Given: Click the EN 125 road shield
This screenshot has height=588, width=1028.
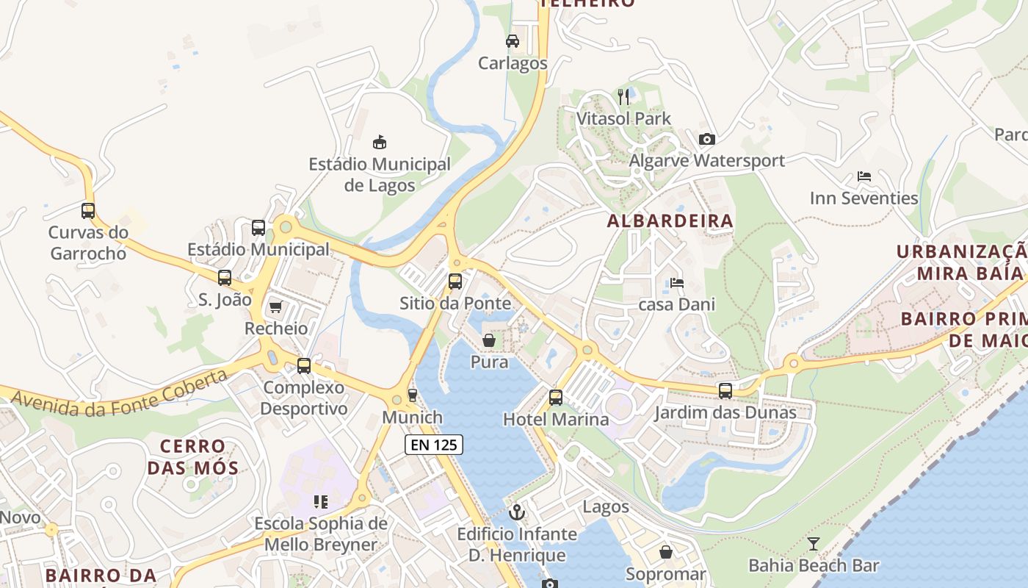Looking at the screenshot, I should pos(434,444).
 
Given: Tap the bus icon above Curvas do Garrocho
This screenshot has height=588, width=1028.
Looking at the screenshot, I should pos(88,211).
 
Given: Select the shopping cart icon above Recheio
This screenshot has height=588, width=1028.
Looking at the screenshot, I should pos(275,306).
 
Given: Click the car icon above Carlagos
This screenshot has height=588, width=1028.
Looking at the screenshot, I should pos(513,41).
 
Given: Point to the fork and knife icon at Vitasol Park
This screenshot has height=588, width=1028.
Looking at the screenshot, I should pos(623,96).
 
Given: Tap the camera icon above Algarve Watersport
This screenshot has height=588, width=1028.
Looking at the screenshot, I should pos(707,139).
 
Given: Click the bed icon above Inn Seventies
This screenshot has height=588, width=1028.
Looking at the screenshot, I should pos(864,176).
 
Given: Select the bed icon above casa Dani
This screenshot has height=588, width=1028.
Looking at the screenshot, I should pos(677,283).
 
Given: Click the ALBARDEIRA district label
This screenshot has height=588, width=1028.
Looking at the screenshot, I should pos(670,220).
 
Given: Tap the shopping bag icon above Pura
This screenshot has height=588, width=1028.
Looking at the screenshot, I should pos(489,340).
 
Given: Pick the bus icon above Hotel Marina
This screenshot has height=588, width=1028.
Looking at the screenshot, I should pos(556,398).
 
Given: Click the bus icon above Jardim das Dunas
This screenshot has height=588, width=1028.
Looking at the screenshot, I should pos(725,391).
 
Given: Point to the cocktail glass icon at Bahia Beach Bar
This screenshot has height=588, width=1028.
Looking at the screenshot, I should pos(814,544).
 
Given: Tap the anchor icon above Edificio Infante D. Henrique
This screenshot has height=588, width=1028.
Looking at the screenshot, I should pos(518,512).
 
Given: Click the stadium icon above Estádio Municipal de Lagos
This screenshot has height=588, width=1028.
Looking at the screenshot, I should pos(380,142).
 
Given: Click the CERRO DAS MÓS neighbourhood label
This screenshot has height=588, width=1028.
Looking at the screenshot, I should pos(193,456).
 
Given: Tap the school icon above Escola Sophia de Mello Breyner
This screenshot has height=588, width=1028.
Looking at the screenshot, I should pos(321,502).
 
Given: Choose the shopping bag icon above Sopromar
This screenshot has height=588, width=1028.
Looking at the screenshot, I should pos(666,552).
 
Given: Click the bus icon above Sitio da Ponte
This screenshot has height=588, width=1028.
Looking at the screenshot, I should pos(455,281).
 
